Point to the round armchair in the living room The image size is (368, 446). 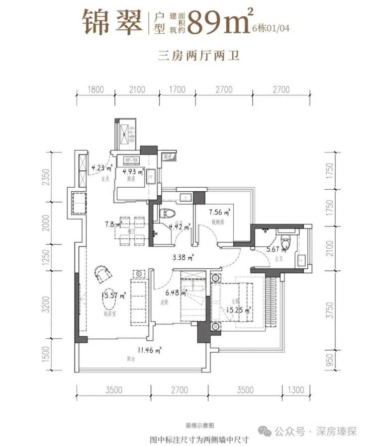click(103, 273)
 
